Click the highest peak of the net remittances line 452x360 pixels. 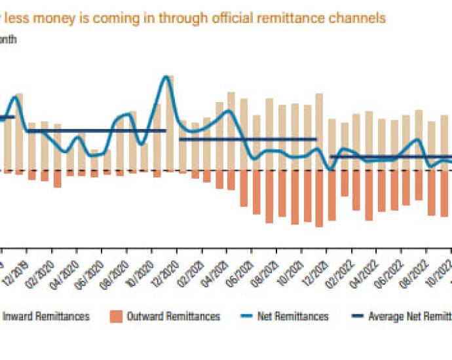167,77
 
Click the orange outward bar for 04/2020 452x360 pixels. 58,179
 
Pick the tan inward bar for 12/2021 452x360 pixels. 320,131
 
